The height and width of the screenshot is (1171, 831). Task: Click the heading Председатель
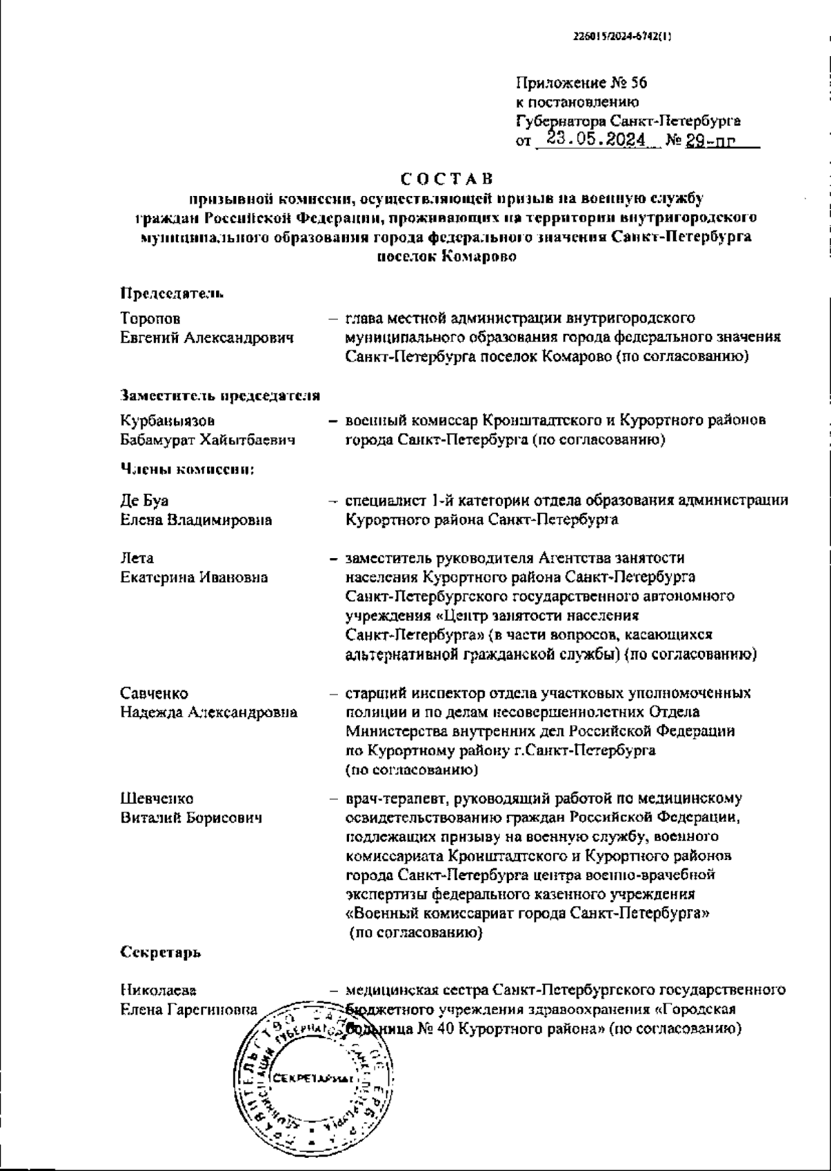[172, 293]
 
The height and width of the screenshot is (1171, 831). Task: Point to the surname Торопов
[150, 319]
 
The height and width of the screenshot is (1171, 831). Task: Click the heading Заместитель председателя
[220, 396]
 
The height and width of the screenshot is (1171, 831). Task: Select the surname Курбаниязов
[167, 420]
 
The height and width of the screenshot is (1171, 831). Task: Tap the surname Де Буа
[145, 500]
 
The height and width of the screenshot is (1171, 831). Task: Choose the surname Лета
[137, 557]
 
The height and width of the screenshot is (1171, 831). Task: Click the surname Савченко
[154, 693]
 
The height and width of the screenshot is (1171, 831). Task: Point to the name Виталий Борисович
[192, 818]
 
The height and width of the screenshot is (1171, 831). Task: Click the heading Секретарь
[161, 952]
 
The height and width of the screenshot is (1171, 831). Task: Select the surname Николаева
[157, 990]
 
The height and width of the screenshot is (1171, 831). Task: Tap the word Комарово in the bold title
[477, 256]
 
